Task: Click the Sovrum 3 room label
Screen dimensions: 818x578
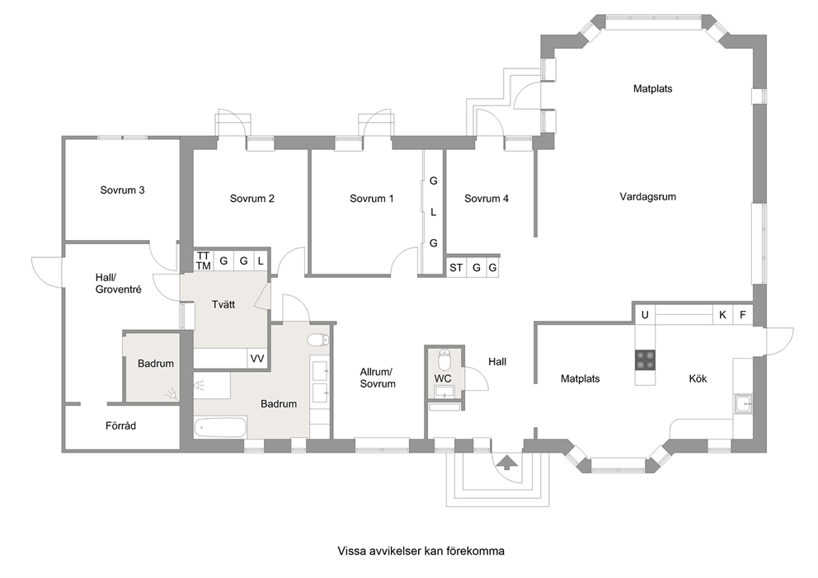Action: pos(122,190)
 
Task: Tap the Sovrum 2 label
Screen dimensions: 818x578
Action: pos(252,199)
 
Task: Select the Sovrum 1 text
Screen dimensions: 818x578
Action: pos(371,199)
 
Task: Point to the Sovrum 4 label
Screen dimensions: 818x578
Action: pos(487,199)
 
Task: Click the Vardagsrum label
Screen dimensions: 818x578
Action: pos(647,197)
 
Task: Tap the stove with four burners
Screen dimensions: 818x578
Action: pos(645,360)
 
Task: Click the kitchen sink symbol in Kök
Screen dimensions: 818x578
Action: pos(742,404)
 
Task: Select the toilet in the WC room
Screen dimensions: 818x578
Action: pos(444,359)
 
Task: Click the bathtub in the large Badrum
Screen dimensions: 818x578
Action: pos(220,428)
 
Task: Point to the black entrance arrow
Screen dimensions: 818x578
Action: pos(506,463)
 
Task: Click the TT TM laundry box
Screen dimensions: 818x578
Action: pos(204,261)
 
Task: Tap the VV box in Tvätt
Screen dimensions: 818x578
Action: pos(257,359)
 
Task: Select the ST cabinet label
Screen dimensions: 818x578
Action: pos(456,268)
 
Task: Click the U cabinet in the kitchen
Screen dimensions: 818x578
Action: pos(645,315)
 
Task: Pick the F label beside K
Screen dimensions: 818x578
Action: pos(743,315)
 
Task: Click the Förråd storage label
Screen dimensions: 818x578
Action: pos(120,426)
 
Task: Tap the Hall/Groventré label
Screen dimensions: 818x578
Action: pos(119,284)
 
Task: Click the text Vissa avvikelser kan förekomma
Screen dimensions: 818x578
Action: pos(421,551)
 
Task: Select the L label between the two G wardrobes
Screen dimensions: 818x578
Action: pos(433,212)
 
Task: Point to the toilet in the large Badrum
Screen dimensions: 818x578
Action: pos(318,341)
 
